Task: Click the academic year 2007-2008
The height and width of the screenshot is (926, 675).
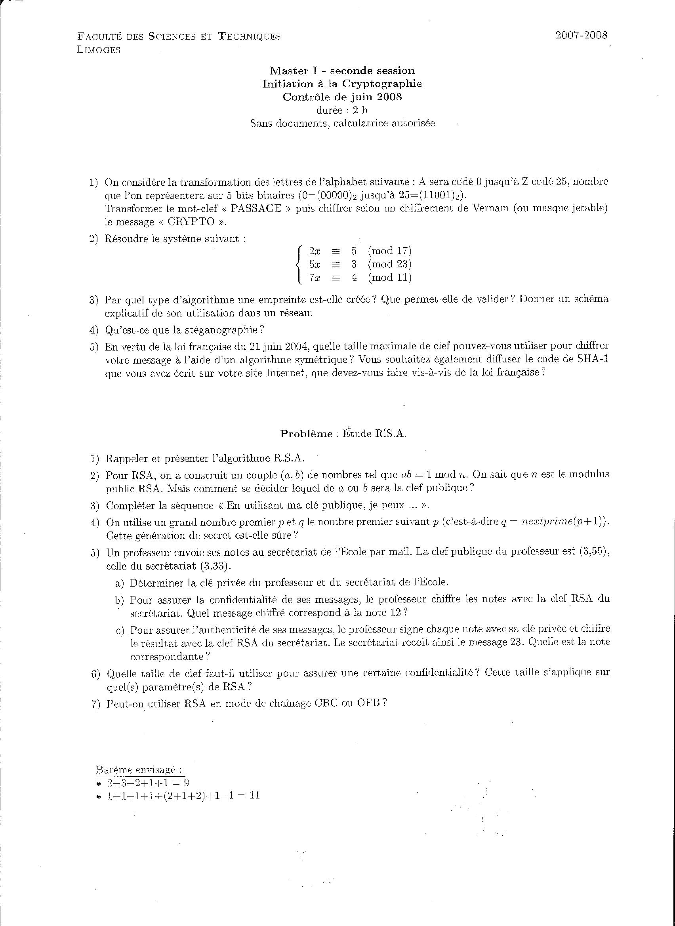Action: pos(581,35)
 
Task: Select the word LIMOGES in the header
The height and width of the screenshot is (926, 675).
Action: pos(99,50)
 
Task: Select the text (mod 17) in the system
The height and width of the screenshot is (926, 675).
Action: pos(389,251)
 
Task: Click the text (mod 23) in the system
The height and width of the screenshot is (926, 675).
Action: pos(389,264)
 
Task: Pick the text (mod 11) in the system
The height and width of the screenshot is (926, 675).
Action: pos(389,278)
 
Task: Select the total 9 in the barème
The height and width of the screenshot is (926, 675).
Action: pos(186,783)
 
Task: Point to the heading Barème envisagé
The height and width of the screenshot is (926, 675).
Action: pos(139,770)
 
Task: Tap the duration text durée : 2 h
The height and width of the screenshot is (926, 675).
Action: pos(342,110)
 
